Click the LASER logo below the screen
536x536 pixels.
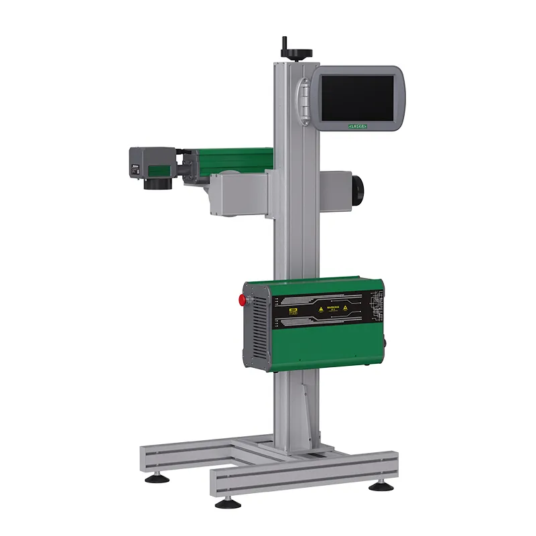pos(357,125)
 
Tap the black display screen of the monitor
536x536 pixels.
pos(356,96)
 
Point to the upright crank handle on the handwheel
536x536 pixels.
pos(283,43)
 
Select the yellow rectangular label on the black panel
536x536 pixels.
pos(292,311)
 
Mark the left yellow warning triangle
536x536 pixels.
pos(320,310)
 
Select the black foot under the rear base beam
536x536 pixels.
pos(151,478)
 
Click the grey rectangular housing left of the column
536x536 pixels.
pos(237,194)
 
